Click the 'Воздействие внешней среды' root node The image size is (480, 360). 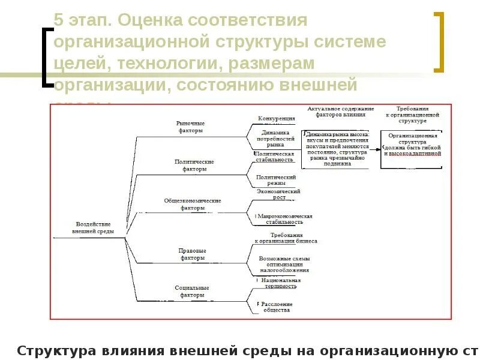[92, 227]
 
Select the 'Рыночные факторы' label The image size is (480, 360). [190, 127]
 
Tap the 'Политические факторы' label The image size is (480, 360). [194, 165]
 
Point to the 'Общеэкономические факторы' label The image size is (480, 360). [193, 204]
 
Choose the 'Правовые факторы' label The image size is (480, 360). [193, 254]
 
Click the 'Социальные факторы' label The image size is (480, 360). [192, 292]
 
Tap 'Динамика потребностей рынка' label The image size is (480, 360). [275, 139]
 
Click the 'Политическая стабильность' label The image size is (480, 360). [275, 157]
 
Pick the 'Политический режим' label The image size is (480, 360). [275, 181]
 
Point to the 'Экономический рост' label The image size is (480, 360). [278, 194]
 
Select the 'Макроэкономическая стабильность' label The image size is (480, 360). [285, 218]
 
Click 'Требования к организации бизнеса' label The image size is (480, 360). [286, 238]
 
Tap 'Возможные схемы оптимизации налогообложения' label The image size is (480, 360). [284, 264]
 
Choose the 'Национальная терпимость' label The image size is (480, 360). [280, 283]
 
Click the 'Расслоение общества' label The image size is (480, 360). [278, 307]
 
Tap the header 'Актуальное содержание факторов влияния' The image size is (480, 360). [340, 111]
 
